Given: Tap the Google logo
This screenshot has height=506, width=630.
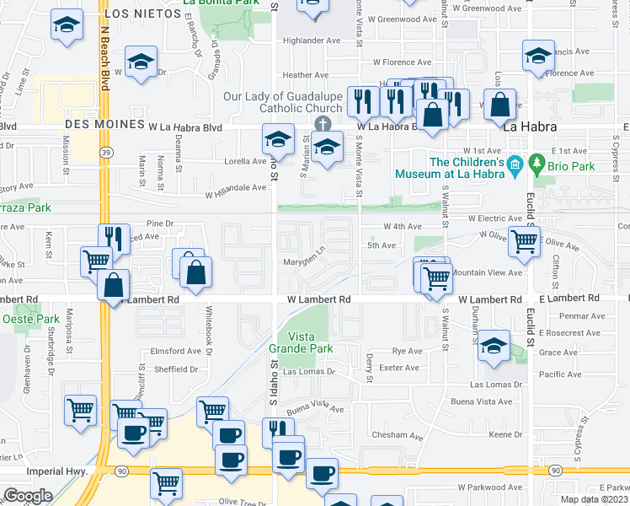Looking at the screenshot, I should click(28, 496).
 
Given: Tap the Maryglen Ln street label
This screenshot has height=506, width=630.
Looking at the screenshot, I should click(303, 261).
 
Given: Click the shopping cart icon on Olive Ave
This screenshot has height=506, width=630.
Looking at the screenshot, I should click(525, 243).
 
